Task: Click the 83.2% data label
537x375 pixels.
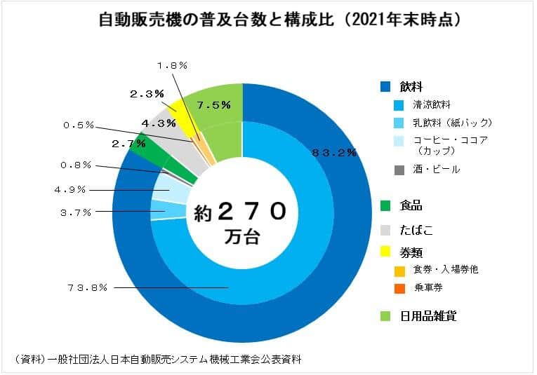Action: click(x=333, y=151)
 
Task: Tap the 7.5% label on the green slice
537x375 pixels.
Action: click(x=213, y=105)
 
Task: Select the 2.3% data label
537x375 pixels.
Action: click(x=147, y=93)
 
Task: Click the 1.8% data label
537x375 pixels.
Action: click(x=171, y=64)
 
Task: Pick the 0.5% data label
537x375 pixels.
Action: click(x=78, y=125)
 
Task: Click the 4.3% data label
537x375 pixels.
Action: click(x=158, y=123)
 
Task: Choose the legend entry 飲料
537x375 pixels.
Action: click(x=411, y=87)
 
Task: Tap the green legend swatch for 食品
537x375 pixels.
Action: click(x=384, y=206)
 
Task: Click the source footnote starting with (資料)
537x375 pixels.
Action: click(x=158, y=359)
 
